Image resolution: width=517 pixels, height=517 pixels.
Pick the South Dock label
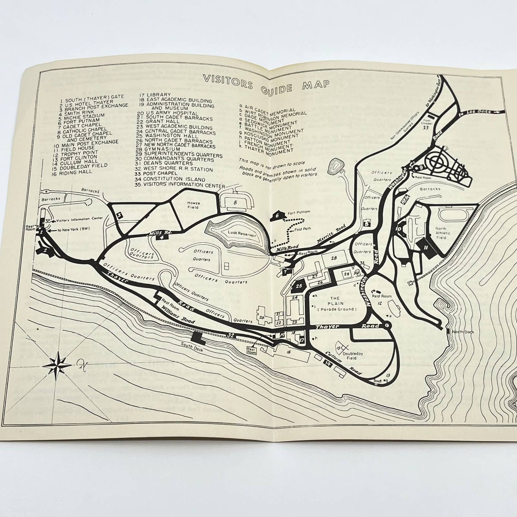coord(192,347)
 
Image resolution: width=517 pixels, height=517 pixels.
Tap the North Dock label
coord(463,332)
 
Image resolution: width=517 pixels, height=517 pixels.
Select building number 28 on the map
coord(334,258)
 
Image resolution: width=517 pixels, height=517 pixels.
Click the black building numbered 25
coord(299,286)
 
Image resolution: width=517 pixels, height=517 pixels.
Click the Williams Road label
coord(177,315)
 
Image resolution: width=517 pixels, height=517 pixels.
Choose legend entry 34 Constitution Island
coord(175,179)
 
